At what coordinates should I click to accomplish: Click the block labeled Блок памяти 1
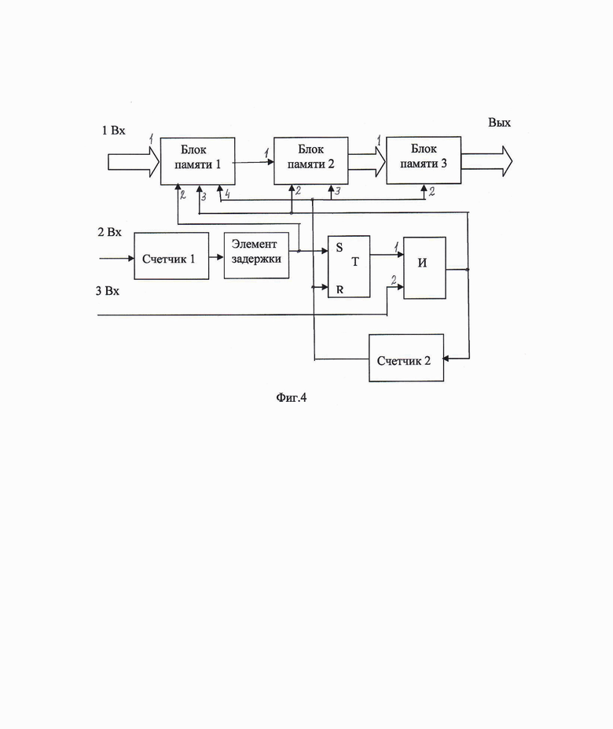pyautogui.click(x=197, y=161)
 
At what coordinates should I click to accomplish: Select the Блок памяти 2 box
pyautogui.click(x=310, y=160)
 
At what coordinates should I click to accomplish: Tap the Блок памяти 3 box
pyautogui.click(x=424, y=159)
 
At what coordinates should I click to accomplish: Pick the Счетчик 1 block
pyautogui.click(x=171, y=256)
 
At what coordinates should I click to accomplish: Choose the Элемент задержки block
pyautogui.click(x=257, y=254)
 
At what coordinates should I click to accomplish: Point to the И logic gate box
pyautogui.click(x=424, y=267)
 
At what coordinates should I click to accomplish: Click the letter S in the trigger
pyautogui.click(x=340, y=246)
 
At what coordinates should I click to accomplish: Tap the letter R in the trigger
pyautogui.click(x=340, y=289)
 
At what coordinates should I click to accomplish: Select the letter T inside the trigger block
pyautogui.click(x=354, y=263)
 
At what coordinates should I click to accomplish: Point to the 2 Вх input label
pyautogui.click(x=109, y=232)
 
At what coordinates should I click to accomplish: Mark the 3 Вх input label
pyautogui.click(x=108, y=292)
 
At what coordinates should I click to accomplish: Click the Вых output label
pyautogui.click(x=499, y=123)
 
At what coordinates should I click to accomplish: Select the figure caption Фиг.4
pyautogui.click(x=291, y=397)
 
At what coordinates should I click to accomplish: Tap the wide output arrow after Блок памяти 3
pyautogui.click(x=486, y=161)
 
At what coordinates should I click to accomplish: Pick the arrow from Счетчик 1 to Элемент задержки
pyautogui.click(x=216, y=257)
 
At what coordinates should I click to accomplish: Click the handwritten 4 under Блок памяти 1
pyautogui.click(x=226, y=193)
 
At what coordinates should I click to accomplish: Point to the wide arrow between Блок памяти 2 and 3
pyautogui.click(x=367, y=161)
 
